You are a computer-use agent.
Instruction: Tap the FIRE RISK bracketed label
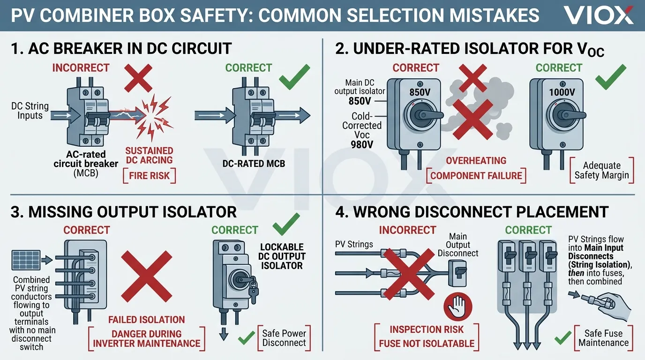[149, 176]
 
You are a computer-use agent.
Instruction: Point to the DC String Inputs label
[30, 111]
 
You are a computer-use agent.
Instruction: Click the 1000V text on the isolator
[561, 92]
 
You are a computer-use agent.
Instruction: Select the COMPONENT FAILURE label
[476, 176]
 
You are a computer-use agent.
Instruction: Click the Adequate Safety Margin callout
[601, 171]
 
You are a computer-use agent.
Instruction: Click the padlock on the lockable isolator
[253, 292]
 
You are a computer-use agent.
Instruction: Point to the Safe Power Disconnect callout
[284, 338]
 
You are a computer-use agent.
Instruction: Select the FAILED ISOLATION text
[146, 320]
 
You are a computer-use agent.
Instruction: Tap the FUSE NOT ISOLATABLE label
[427, 344]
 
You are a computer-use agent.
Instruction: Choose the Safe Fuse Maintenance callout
[603, 338]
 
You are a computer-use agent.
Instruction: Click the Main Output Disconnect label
[457, 245]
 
